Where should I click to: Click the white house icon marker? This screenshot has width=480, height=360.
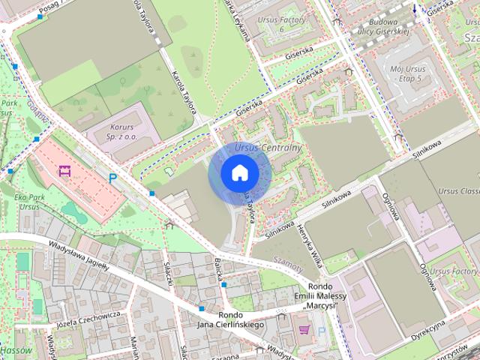point(240,173)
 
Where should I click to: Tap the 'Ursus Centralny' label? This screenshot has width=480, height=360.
point(267,148)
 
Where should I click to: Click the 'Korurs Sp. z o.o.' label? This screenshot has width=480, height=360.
point(121,132)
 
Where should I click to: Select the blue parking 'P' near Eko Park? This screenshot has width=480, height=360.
point(113,178)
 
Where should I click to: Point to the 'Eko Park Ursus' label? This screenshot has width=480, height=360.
point(29,200)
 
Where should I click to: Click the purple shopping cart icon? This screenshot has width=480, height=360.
point(304,330)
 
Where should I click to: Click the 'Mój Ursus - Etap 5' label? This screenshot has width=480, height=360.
point(408,72)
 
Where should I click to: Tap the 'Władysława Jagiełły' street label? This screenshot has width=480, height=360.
point(79,255)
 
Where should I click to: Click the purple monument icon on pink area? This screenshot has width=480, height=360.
point(64,171)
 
